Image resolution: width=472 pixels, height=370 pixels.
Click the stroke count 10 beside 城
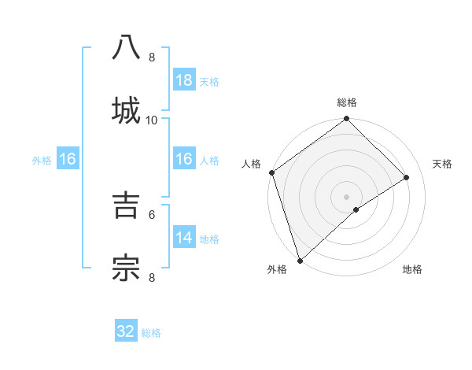tap(152, 120)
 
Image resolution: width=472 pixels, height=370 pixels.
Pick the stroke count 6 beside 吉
tap(152, 213)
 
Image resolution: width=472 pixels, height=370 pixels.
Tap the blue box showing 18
tap(184, 80)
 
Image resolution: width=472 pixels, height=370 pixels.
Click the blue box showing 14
tap(184, 238)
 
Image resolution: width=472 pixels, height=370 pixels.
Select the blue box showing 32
tap(126, 331)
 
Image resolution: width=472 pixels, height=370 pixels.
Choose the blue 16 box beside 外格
tap(68, 160)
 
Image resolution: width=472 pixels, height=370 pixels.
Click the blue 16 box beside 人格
tap(184, 160)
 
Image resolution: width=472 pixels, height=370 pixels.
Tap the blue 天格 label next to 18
tap(209, 81)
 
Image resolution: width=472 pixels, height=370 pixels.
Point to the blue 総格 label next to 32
tap(151, 333)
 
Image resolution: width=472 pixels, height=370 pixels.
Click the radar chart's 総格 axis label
tap(347, 102)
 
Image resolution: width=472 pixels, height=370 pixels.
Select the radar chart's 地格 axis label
tap(412, 269)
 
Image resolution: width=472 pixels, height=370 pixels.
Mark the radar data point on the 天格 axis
tap(407, 177)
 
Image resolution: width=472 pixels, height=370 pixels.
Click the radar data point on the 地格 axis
tap(356, 209)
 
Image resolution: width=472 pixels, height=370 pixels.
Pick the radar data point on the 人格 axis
tap(271, 172)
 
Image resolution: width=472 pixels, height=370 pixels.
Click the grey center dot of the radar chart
tap(347, 196)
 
